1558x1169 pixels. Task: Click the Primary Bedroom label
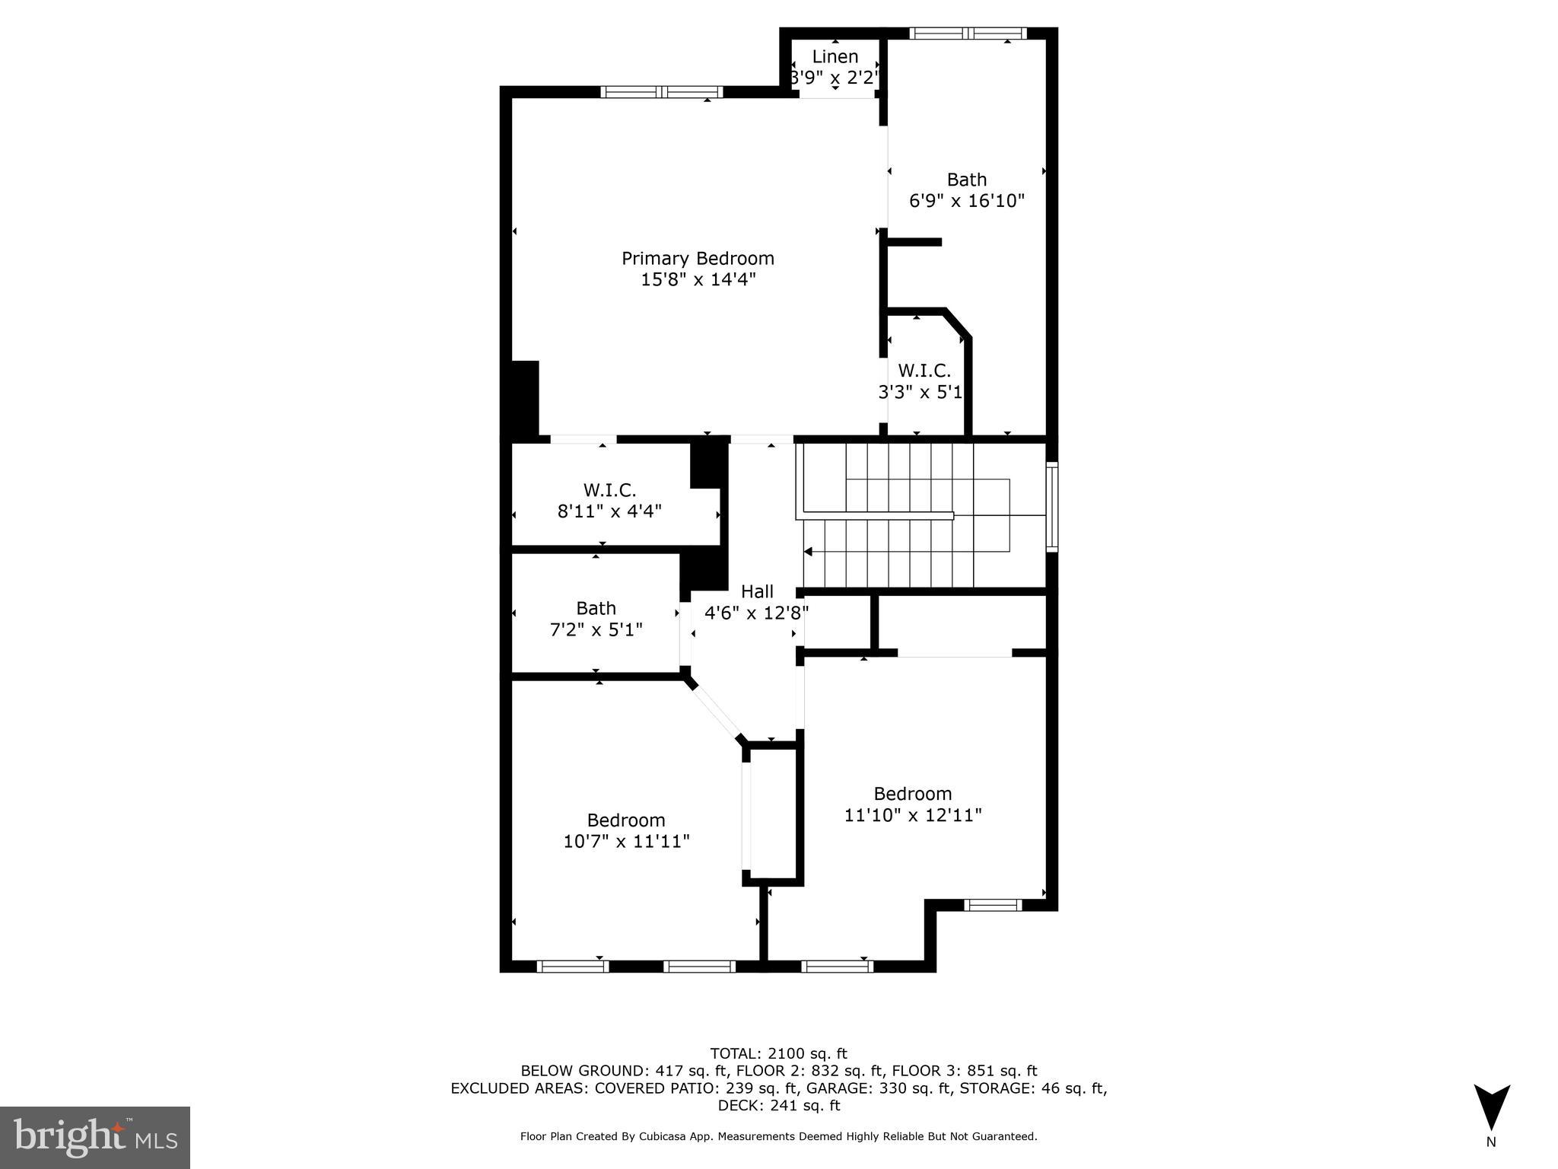click(x=698, y=259)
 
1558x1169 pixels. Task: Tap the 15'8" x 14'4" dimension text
click(x=698, y=280)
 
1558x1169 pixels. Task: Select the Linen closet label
click(x=835, y=57)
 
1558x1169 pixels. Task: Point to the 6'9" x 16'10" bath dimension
click(x=967, y=201)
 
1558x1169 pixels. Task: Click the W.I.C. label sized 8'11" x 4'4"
click(x=609, y=490)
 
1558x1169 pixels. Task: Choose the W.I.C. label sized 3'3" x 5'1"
click(x=924, y=371)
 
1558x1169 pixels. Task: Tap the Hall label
click(x=757, y=591)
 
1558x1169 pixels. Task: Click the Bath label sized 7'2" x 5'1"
click(x=596, y=608)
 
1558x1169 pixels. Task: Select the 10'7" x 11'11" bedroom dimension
click(x=626, y=841)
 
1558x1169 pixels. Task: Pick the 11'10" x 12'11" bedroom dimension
click(x=912, y=815)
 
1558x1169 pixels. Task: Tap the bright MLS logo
click(x=94, y=1138)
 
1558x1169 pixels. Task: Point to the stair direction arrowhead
click(x=808, y=552)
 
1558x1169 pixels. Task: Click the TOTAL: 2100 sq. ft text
click(x=778, y=1053)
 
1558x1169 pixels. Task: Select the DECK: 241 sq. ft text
click(x=778, y=1105)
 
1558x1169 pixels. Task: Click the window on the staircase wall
click(x=1051, y=506)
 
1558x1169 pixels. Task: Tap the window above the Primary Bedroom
click(x=661, y=92)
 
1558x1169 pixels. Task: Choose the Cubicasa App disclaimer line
click(x=778, y=1136)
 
